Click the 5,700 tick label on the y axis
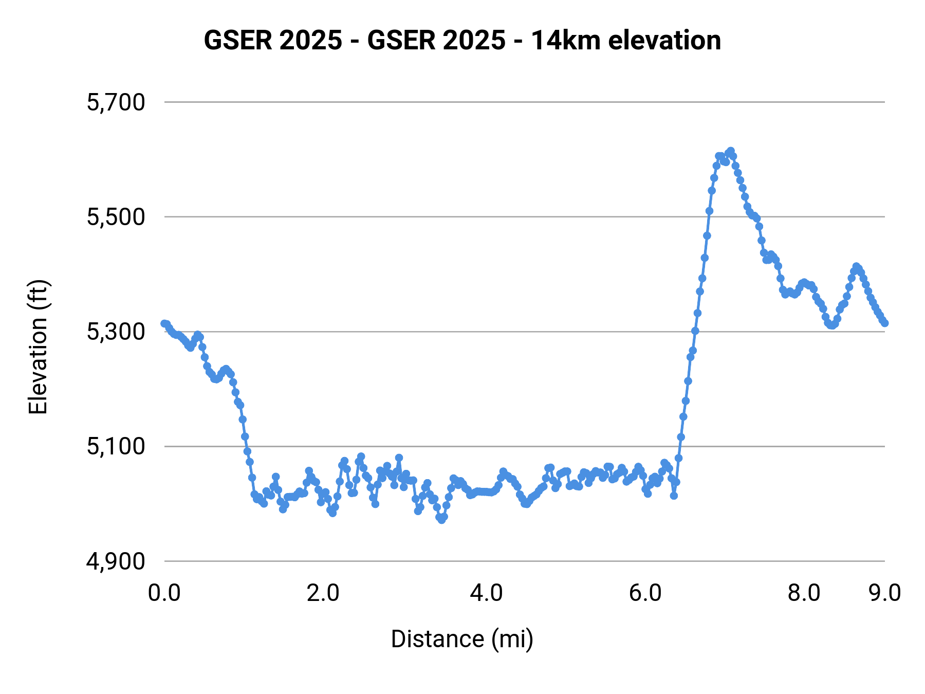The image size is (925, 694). pyautogui.click(x=116, y=103)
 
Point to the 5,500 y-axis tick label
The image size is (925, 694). pyautogui.click(x=116, y=217)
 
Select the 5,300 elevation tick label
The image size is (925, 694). pyautogui.click(x=116, y=332)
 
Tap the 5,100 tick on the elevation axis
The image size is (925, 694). pyautogui.click(x=116, y=447)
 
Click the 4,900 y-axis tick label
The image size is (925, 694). pyautogui.click(x=116, y=561)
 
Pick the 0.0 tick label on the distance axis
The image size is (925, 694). pyautogui.click(x=164, y=593)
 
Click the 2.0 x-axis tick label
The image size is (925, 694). pyautogui.click(x=323, y=593)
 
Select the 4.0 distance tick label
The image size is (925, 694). pyautogui.click(x=486, y=593)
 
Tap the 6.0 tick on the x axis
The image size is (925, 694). pyautogui.click(x=645, y=593)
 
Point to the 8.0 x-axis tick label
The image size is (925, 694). pyautogui.click(x=804, y=593)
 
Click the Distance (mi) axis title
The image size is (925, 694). pyautogui.click(x=462, y=639)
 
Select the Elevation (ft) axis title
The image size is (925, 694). pyautogui.click(x=38, y=347)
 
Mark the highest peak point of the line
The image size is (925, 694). pyautogui.click(x=731, y=151)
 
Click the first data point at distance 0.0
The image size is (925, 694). pyautogui.click(x=164, y=323)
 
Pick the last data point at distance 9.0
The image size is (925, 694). pyautogui.click(x=885, y=323)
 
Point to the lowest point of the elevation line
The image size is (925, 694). pyautogui.click(x=441, y=520)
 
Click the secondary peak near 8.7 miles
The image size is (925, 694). pyautogui.click(x=856, y=266)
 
